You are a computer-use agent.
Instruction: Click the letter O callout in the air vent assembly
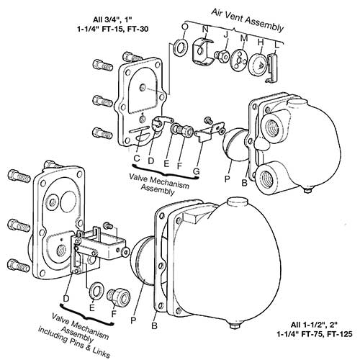185,26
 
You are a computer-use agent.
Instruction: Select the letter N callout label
205,30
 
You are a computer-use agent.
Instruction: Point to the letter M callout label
243,37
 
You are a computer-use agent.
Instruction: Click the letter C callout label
136,158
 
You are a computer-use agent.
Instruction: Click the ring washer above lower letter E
94,290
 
